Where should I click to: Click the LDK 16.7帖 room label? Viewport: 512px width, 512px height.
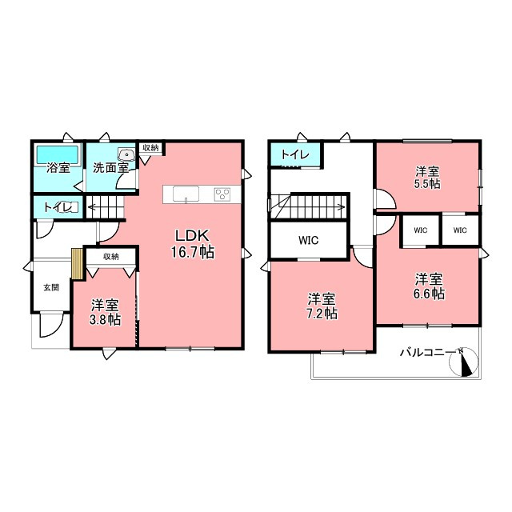pyautogui.click(x=193, y=243)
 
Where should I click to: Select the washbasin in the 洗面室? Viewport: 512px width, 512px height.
pyautogui.click(x=126, y=154)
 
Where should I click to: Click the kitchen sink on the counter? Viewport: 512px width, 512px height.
pyautogui.click(x=186, y=194)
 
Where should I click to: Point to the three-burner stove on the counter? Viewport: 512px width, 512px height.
pyautogui.click(x=222, y=194)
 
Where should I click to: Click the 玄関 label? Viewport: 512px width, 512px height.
pyautogui.click(x=51, y=288)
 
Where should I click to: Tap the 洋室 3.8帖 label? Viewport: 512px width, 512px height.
pyautogui.click(x=105, y=312)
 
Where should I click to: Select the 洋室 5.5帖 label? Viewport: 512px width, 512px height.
pyautogui.click(x=427, y=178)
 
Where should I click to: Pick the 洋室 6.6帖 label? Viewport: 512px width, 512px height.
pyautogui.click(x=429, y=286)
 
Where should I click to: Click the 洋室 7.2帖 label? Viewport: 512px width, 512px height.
pyautogui.click(x=322, y=306)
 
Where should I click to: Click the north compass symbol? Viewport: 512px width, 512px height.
pyautogui.click(x=464, y=362)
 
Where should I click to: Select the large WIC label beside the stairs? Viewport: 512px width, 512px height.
pyautogui.click(x=308, y=240)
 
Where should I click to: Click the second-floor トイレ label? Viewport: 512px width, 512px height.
pyautogui.click(x=295, y=154)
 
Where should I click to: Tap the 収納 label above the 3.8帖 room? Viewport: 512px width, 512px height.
pyautogui.click(x=111, y=257)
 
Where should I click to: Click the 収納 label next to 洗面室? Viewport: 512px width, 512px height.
pyautogui.click(x=150, y=147)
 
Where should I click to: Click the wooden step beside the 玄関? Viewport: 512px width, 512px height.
pyautogui.click(x=78, y=264)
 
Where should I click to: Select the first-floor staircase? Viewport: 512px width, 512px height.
pyautogui.click(x=105, y=207)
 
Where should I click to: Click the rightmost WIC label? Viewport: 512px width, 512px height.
pyautogui.click(x=460, y=230)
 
